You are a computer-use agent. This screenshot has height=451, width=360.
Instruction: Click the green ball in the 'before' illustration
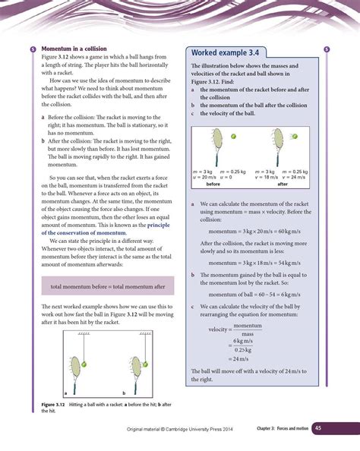[233, 137]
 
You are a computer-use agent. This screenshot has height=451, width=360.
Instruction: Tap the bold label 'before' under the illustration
[213, 185]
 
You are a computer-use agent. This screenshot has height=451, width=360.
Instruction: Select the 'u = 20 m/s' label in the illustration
[204, 178]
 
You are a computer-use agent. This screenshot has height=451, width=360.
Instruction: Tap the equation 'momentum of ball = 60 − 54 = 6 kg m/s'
[256, 294]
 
